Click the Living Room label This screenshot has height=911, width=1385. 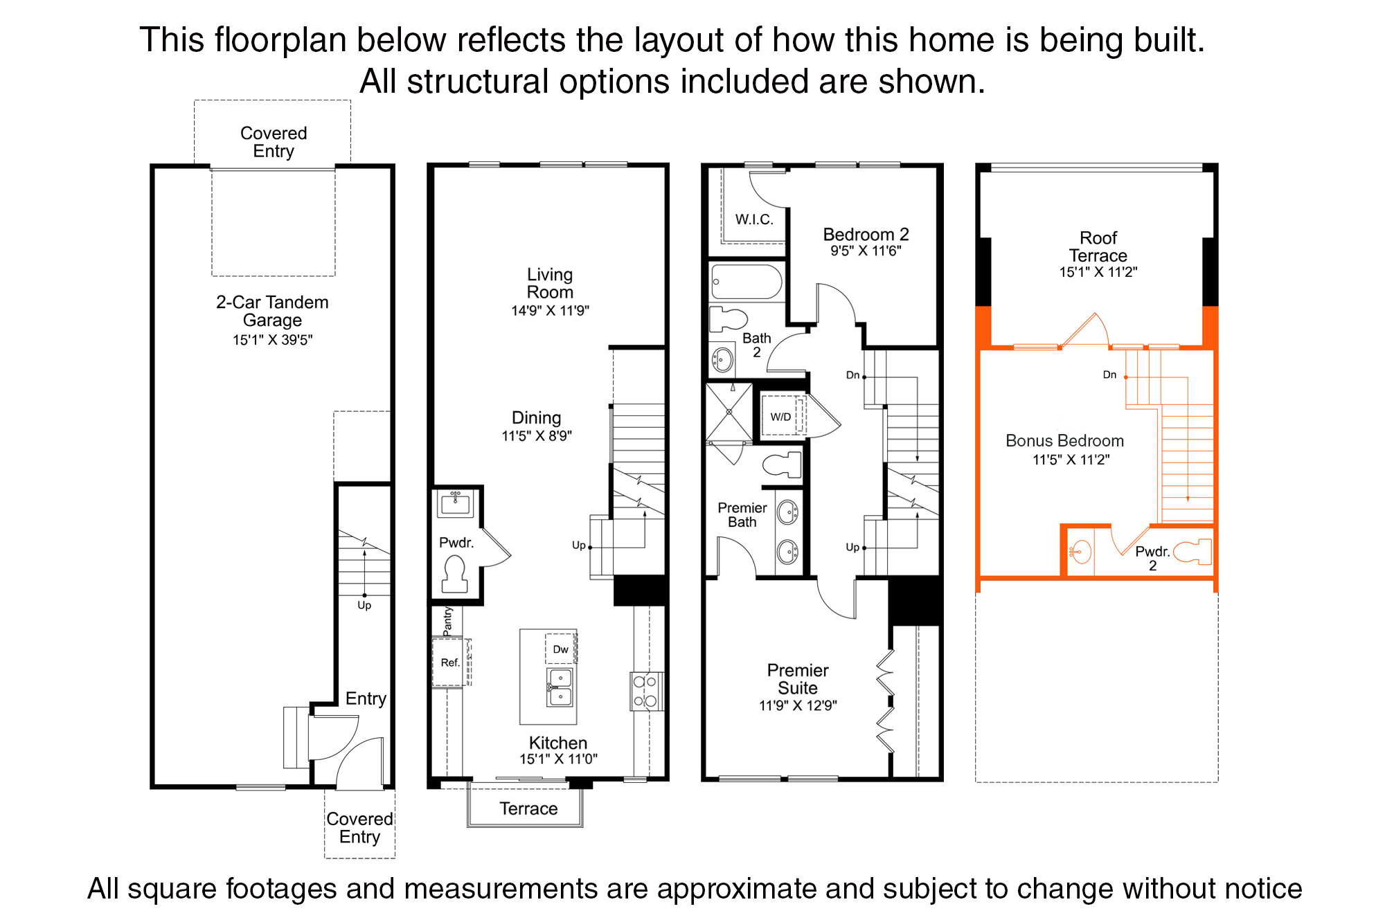(x=550, y=284)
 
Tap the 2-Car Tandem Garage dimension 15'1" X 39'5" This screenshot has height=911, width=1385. (x=273, y=340)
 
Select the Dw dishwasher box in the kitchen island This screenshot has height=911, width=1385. (x=560, y=649)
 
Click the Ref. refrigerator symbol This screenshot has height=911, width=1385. (x=450, y=662)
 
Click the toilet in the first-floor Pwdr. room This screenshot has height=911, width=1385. (x=454, y=574)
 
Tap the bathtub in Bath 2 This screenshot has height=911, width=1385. (x=747, y=282)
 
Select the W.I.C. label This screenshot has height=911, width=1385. (x=754, y=220)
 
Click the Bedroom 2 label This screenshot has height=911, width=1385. (x=866, y=235)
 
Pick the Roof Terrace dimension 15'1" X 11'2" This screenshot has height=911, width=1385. (x=1098, y=272)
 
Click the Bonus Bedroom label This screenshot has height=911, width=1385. (x=1064, y=441)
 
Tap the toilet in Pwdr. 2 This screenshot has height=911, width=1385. (x=1193, y=552)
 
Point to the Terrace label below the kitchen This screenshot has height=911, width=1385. (x=528, y=809)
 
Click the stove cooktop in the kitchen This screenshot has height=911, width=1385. (x=645, y=691)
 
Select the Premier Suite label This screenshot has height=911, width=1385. (x=798, y=679)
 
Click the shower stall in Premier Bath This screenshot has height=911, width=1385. (x=729, y=412)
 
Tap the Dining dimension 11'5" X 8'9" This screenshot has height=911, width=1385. (x=537, y=436)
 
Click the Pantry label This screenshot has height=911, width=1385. (x=447, y=621)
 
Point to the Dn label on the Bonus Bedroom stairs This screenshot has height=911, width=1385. (x=1109, y=375)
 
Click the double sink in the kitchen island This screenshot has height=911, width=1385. (x=560, y=687)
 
